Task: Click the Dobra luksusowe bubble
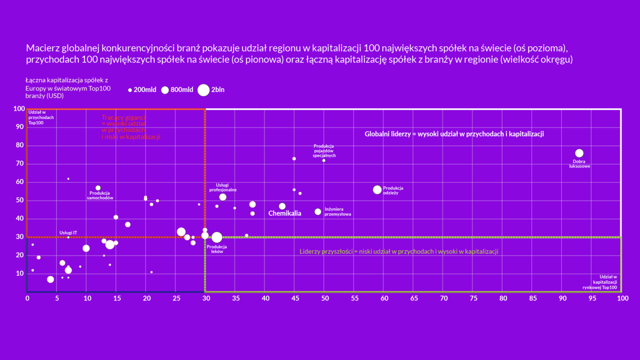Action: coord(579,153)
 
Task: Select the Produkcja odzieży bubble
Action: coord(377,190)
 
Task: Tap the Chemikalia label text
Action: coord(284,213)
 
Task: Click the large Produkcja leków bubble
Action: coord(216,237)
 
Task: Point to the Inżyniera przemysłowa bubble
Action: coord(318,212)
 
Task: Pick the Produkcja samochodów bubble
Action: coord(98,188)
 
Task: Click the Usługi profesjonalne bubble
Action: coord(223,197)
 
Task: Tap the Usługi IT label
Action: coord(68,232)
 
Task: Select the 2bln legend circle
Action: coord(204,90)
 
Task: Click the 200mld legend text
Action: coord(145,90)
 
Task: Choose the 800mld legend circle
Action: coord(165,90)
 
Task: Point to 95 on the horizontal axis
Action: coord(592,299)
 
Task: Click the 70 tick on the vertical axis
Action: coord(19,164)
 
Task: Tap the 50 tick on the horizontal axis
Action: coord(324,299)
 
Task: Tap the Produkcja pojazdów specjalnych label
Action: coord(324,151)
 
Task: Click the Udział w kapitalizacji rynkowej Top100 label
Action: coord(605,282)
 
